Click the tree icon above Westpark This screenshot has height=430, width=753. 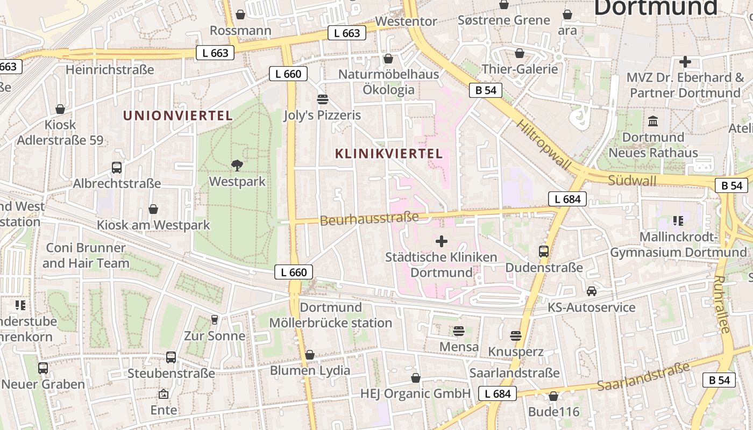point(236,165)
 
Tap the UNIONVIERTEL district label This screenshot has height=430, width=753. point(177,116)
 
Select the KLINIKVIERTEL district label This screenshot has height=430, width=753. point(388,154)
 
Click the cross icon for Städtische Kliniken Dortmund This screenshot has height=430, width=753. point(441,241)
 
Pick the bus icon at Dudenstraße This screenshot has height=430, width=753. point(544,252)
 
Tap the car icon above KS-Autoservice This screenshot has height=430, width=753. point(592,291)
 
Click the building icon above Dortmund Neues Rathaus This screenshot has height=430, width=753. point(653,121)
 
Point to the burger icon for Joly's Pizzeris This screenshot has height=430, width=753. point(323,99)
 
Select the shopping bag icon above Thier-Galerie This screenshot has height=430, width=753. point(520,53)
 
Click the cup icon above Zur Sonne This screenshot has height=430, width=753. point(215,320)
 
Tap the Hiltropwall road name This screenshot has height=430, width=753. point(543,145)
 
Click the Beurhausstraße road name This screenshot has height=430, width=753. point(369,219)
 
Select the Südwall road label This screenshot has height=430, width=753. point(632,180)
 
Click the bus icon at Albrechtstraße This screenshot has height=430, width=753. point(117,168)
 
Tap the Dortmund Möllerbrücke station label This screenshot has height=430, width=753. point(331,315)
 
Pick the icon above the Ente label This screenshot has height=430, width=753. point(164,394)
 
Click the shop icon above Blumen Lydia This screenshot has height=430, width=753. point(310,355)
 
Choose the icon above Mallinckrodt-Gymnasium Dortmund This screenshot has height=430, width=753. point(678,220)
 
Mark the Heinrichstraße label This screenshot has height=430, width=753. point(110,70)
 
